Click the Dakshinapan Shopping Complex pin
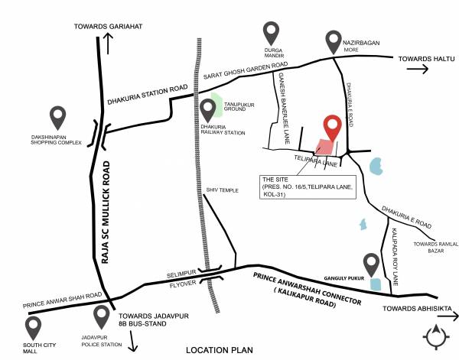point(58,116)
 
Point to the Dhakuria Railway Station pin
point(209,110)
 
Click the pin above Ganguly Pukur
point(372,264)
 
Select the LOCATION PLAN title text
point(219,350)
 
